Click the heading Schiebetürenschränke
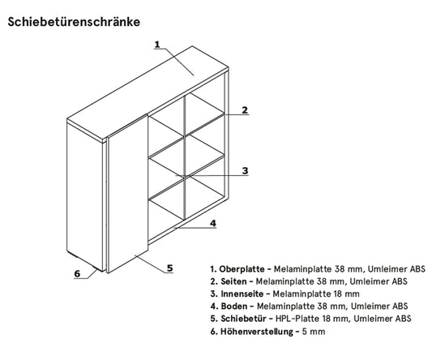74,22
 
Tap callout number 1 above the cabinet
157,44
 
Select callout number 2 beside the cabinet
245,110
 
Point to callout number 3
245,170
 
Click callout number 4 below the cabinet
213,223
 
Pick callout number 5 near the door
170,268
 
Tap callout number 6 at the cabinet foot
77,274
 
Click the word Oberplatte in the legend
242,269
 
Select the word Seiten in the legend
233,281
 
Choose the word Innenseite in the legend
242,294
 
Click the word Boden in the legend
234,306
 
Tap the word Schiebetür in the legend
243,319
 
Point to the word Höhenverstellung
256,332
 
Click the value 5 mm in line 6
314,332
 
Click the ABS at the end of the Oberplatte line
417,269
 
